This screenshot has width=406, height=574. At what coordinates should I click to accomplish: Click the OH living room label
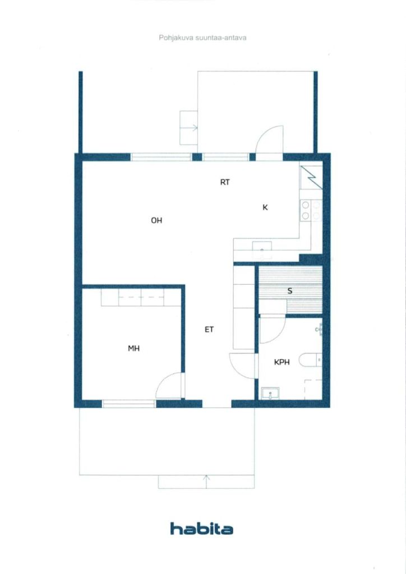(x=156, y=220)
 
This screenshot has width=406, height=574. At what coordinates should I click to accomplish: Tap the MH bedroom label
(x=133, y=349)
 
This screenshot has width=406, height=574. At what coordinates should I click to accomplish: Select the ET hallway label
(x=209, y=330)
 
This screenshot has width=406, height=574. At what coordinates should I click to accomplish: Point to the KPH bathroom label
(x=282, y=362)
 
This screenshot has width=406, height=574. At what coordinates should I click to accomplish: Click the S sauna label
(x=290, y=291)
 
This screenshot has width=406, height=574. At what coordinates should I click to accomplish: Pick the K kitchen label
(x=265, y=207)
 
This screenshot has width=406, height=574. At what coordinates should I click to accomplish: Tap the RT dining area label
(x=225, y=182)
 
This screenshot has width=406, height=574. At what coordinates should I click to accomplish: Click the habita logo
(x=202, y=529)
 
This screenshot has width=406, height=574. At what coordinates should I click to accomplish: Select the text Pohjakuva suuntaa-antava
(x=202, y=38)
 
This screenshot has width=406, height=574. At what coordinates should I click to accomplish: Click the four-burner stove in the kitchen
(x=311, y=211)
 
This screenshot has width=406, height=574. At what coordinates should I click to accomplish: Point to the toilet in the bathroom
(x=310, y=360)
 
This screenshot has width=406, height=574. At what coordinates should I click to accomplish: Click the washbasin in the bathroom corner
(x=270, y=394)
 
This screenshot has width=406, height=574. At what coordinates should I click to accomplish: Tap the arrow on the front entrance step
(x=206, y=482)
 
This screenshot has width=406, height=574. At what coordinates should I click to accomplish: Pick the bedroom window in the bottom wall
(x=128, y=404)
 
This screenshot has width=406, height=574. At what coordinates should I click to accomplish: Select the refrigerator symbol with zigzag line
(x=311, y=178)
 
